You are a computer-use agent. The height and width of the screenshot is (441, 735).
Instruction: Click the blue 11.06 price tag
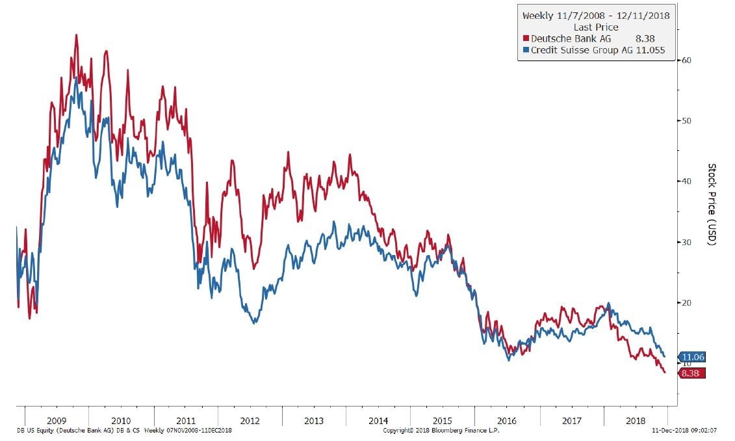coord(693,356)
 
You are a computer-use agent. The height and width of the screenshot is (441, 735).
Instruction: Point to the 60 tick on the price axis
coord(684,60)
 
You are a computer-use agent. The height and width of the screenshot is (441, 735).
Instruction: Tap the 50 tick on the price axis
coord(684,121)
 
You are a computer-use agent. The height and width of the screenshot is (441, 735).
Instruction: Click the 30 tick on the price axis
coord(684,242)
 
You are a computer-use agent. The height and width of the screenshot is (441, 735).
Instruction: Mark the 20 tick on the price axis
coord(684,302)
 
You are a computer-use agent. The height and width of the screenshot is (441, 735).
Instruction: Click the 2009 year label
coord(57,421)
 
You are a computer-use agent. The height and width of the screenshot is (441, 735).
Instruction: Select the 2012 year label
coord(250,421)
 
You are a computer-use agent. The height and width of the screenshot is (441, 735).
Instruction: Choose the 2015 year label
coord(443,421)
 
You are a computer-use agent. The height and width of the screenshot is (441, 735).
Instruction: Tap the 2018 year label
coord(636,421)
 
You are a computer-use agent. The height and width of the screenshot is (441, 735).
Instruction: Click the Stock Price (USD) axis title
coord(712,204)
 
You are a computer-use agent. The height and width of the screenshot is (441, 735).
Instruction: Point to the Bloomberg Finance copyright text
coord(441,431)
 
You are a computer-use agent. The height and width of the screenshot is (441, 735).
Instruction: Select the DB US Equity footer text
coord(123,431)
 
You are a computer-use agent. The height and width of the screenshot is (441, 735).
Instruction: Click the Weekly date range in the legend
coord(595,15)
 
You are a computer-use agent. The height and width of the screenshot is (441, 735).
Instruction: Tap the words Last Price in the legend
coord(596,27)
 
